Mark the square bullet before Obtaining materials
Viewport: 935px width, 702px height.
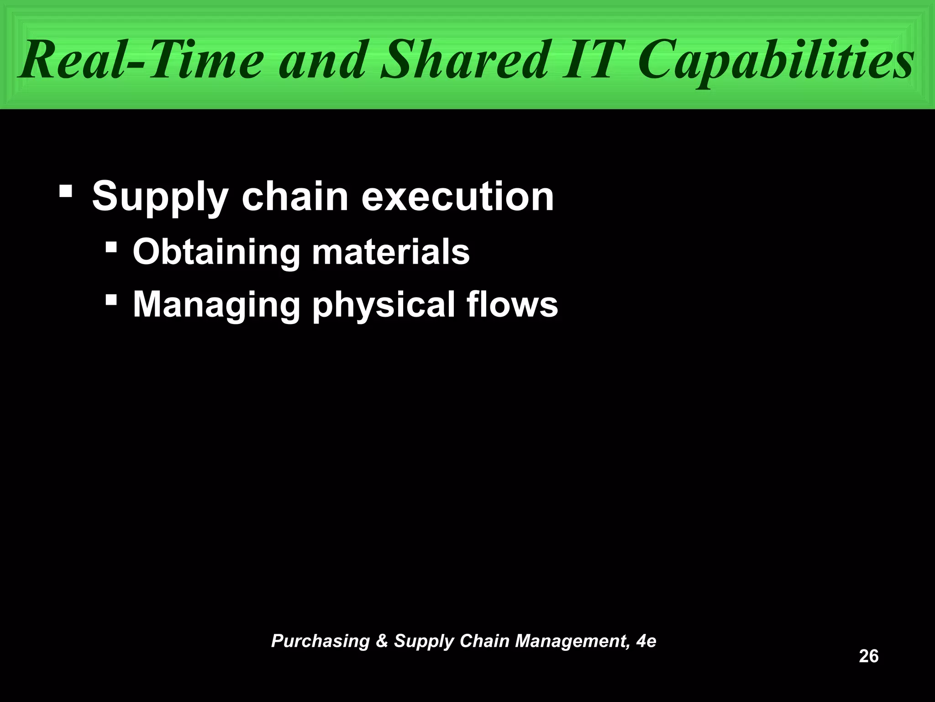point(110,248)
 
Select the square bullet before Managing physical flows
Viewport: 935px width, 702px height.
point(110,300)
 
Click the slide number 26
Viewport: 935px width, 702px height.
point(868,656)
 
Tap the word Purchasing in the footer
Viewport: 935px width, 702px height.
point(320,641)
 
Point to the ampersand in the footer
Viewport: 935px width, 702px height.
point(382,641)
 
